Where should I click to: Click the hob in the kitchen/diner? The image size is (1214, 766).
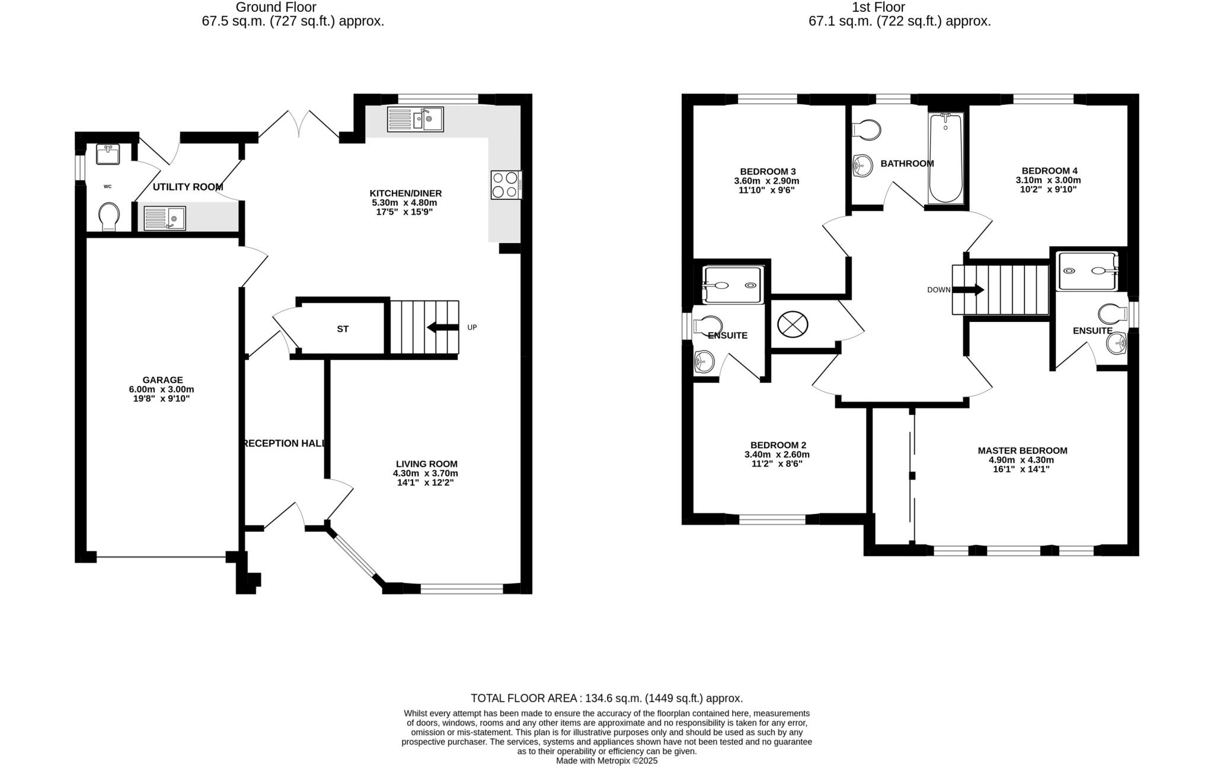click(506, 184)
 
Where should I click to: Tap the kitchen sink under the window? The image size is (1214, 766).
click(415, 119)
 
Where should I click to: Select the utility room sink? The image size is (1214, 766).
click(165, 218)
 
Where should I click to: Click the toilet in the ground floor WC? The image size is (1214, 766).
click(109, 216)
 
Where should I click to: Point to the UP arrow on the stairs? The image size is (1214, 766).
click(442, 327)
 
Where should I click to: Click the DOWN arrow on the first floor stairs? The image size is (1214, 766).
click(969, 290)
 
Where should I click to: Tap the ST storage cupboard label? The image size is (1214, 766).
click(343, 329)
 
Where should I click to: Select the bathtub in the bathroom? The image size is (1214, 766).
click(945, 158)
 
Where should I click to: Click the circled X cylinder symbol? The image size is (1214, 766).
click(793, 325)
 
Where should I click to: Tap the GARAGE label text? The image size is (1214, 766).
click(162, 380)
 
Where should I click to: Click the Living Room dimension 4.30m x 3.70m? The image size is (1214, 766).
click(425, 473)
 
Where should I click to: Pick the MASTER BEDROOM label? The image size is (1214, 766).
click(1022, 451)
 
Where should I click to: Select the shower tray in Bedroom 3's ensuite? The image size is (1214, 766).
click(732, 285)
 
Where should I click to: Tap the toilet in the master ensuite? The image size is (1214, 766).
click(1111, 313)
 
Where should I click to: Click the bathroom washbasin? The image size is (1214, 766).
click(862, 166)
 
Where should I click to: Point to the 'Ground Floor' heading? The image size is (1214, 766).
click(276, 7)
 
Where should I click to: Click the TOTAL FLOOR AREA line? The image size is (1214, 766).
click(606, 698)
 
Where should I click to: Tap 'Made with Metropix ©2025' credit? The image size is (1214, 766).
click(606, 761)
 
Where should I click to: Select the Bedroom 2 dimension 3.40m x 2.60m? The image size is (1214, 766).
click(777, 455)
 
